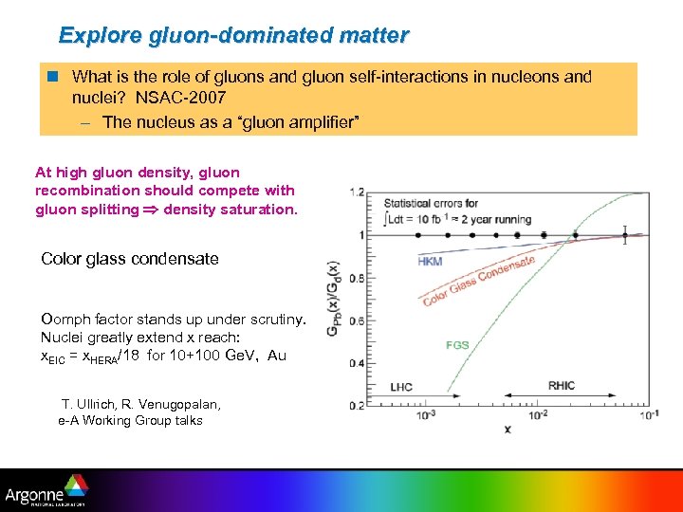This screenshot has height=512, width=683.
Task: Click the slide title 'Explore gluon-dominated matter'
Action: [x=233, y=36]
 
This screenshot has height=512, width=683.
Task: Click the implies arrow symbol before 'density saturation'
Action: [x=152, y=210]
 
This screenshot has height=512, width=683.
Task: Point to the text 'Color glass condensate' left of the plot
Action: [x=130, y=259]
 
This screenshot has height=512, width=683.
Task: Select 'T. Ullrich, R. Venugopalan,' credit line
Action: [x=140, y=405]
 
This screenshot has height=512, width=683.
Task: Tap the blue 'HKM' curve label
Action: [x=430, y=262]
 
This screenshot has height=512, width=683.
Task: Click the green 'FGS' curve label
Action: [x=457, y=345]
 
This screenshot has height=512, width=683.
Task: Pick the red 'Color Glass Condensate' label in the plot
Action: [x=479, y=282]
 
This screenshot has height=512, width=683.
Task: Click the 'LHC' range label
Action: [x=401, y=387]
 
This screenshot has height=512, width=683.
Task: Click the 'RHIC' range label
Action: [x=562, y=386]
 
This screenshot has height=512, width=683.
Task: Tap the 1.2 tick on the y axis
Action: [x=356, y=192]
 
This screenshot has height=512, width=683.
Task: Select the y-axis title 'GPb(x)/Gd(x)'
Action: [x=334, y=300]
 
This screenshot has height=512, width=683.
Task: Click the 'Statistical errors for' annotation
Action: [x=431, y=203]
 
